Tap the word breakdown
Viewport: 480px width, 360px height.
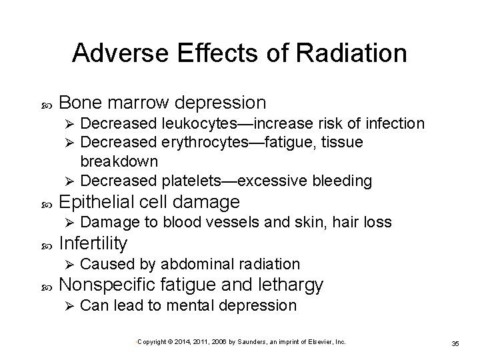pos(119,161)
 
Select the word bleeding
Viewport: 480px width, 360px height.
pos(341,181)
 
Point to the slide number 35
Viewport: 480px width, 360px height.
pos(455,343)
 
